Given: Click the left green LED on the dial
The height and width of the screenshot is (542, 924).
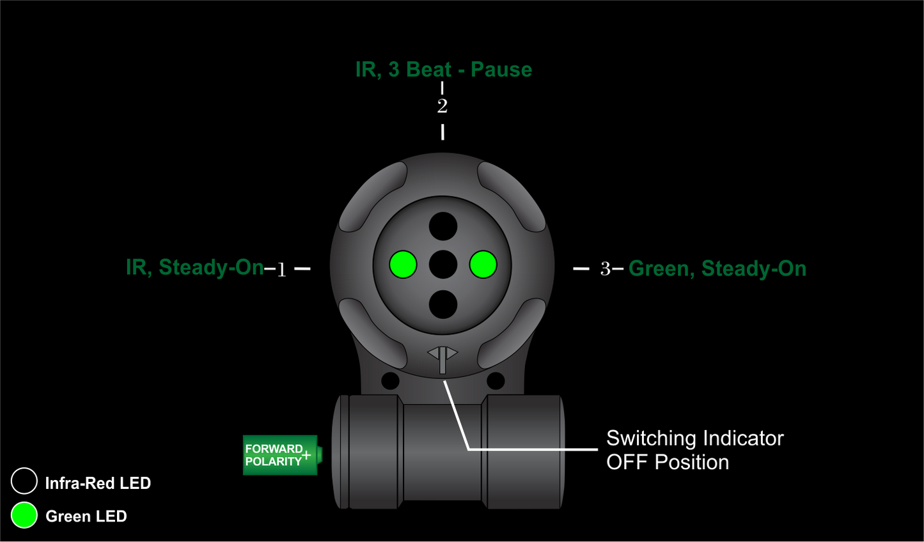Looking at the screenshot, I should tap(403, 265).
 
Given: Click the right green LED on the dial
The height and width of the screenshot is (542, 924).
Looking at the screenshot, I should tap(483, 265).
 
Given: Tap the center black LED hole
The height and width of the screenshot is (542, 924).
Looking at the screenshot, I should tap(443, 265).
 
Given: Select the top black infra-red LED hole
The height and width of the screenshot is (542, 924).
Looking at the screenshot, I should tap(443, 226).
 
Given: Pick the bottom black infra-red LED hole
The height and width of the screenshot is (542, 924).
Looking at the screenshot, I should tap(443, 304).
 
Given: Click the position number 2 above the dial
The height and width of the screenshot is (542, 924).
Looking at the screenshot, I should tap(442, 106).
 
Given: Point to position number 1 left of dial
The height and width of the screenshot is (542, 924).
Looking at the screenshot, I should tap(281, 270).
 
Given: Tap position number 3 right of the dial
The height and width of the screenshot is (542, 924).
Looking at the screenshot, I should tap(605, 269).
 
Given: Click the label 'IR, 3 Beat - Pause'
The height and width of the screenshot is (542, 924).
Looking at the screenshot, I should tap(443, 70).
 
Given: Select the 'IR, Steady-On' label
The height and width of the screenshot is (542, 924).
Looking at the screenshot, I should tap(194, 267).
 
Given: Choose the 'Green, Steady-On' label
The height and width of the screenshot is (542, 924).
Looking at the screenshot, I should tap(717, 268).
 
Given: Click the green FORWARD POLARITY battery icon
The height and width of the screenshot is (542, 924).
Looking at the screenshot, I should tap(281, 455).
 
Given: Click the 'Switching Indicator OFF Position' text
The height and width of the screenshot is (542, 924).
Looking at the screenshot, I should tap(694, 450).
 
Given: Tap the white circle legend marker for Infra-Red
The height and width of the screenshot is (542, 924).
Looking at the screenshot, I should tap(24, 481).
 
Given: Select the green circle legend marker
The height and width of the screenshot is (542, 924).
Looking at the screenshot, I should tap(24, 515).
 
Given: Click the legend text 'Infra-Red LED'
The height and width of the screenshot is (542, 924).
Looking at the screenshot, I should tap(98, 483).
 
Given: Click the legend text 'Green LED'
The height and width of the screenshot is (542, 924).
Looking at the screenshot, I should tap(86, 516).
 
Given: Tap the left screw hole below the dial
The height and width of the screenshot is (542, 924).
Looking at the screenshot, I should tap(390, 381).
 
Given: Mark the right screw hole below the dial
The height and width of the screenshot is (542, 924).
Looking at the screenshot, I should tap(496, 381).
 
